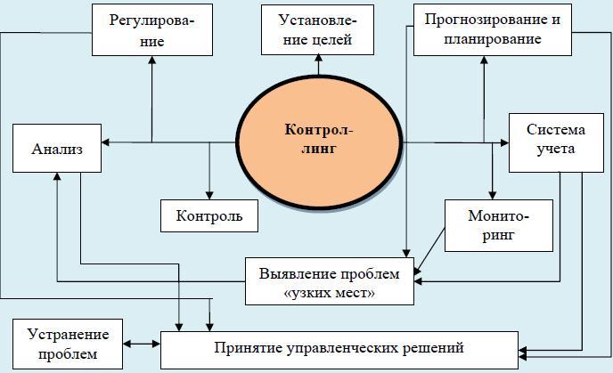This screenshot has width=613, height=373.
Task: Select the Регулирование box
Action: (151, 29)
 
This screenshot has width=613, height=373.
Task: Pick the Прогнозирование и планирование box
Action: (493, 29)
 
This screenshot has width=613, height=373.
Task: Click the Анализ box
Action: (57, 148)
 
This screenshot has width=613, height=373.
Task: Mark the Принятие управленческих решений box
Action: (339, 346)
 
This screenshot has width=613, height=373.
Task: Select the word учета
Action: (556, 149)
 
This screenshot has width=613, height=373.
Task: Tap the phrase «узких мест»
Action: (330, 293)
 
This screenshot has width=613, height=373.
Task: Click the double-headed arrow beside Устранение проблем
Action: (141, 344)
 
